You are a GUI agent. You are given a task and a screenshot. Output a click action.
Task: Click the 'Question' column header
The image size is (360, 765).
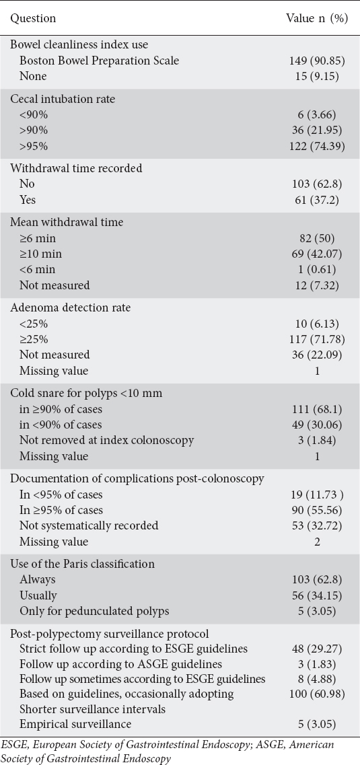33,19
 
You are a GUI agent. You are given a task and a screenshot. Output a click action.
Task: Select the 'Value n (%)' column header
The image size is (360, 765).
316,19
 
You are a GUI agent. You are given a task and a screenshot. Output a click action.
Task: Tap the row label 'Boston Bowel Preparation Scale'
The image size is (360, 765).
99,61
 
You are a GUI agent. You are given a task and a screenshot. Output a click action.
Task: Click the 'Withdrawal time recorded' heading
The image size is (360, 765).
76,168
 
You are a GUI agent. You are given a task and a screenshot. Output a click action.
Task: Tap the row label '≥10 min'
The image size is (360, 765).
40,254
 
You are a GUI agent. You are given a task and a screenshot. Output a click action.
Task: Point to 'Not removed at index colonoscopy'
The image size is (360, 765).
106,440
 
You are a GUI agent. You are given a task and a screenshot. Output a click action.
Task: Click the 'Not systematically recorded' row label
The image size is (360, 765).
89,525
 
